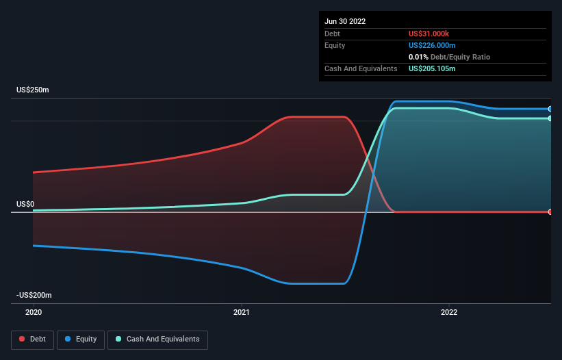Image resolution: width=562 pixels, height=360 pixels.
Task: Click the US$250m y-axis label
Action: (33, 90)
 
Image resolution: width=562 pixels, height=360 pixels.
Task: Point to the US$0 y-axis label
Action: (25, 204)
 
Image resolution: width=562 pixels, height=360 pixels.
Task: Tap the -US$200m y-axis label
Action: (34, 295)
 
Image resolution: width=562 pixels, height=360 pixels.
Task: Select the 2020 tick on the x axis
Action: (33, 313)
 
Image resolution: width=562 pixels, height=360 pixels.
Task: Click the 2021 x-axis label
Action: (242, 313)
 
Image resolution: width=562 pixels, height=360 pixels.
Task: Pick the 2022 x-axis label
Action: (448, 313)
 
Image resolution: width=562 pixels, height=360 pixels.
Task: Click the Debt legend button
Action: (32, 339)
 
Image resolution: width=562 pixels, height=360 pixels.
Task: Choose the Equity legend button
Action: (81, 339)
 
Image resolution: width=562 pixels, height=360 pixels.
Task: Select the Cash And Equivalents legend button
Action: (157, 339)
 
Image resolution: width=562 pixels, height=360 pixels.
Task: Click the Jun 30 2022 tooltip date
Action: (345, 21)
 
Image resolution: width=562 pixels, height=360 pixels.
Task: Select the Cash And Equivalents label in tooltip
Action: (361, 68)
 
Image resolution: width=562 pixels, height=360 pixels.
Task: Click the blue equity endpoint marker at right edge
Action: (550, 109)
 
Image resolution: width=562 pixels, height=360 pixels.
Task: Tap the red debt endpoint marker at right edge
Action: (550, 211)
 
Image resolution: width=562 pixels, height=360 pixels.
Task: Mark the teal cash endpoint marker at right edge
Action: (550, 118)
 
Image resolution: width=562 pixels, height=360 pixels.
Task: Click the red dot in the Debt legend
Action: (23, 339)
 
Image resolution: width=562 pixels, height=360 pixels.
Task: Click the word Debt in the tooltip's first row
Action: (332, 34)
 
